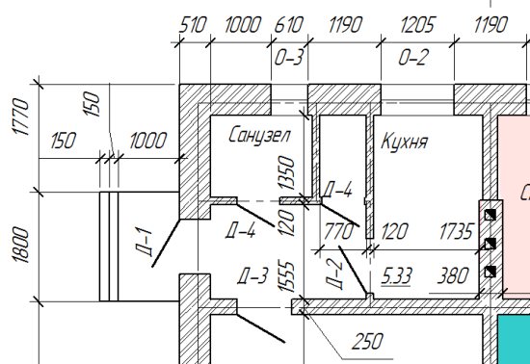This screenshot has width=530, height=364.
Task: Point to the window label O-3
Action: click(289, 58)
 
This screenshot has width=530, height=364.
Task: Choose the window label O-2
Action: click(411, 58)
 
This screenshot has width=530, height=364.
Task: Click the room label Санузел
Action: click(259, 136)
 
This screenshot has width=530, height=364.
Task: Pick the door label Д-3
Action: click(252, 278)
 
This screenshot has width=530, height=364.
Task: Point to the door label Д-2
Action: click(334, 273)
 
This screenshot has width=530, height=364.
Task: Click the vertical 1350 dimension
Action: click(285, 170)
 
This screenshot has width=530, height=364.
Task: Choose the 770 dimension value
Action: click(337, 231)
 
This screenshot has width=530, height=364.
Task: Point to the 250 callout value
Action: click(366, 341)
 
